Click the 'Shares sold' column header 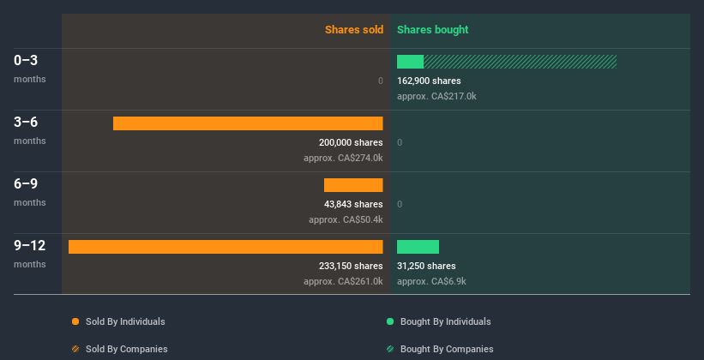353,30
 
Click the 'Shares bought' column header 432,30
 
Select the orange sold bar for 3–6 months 248,123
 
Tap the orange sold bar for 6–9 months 353,185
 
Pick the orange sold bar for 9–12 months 226,247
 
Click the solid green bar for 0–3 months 410,62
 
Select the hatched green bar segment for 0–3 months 520,62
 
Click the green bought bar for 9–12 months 418,247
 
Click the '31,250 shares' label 426,266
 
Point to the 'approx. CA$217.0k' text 436,96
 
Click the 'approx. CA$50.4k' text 346,219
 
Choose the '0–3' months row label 26,61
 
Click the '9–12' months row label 29,246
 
